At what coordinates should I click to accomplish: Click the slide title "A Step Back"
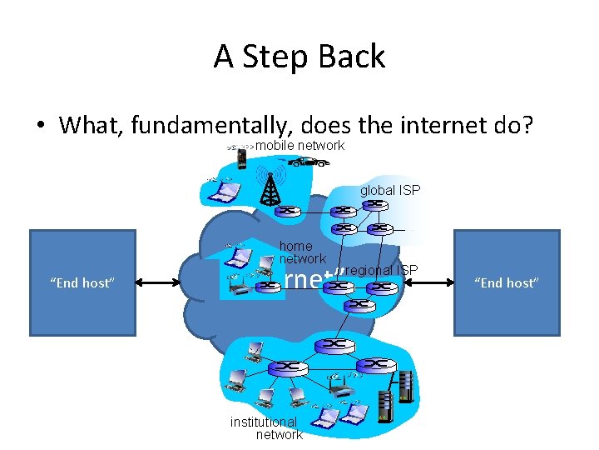[x=299, y=57]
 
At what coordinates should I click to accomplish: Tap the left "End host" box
[x=82, y=282]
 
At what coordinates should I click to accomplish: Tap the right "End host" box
[x=507, y=282]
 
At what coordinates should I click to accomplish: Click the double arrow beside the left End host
[x=158, y=283]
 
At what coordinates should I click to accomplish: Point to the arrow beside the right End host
[x=429, y=283]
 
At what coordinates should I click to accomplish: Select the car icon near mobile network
[x=309, y=162]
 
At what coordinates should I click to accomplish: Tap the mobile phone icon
[x=241, y=157]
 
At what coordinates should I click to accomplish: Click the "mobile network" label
[x=299, y=146]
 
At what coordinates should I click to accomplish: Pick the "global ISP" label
[x=390, y=191]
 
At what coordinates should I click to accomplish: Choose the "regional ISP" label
[x=380, y=269]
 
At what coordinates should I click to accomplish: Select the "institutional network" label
[x=266, y=428]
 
